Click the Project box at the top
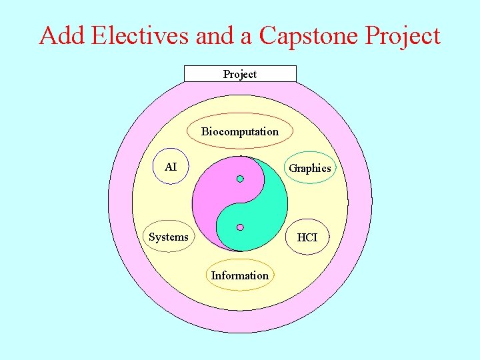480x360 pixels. [x=240, y=74]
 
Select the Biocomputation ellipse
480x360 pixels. [x=240, y=131]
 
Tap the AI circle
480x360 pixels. [x=171, y=166]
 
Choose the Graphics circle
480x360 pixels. [x=309, y=169]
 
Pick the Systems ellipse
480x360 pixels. [x=169, y=237]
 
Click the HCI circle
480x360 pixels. [x=307, y=237]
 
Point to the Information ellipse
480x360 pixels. [x=240, y=275]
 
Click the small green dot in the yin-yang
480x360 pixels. [x=240, y=179]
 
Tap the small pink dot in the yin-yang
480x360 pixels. [x=240, y=227]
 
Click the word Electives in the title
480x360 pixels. [x=141, y=35]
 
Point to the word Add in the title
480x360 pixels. [x=62, y=35]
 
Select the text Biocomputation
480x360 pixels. [x=240, y=131]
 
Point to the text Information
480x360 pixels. [x=240, y=275]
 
